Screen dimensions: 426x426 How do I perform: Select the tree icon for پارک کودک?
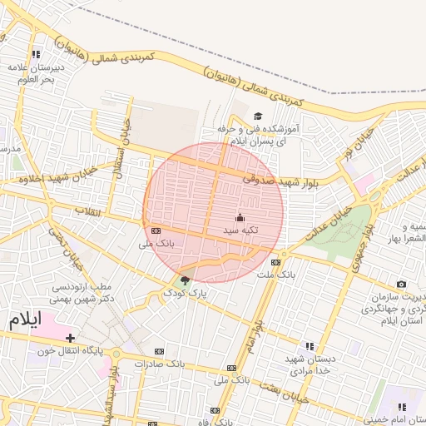185,280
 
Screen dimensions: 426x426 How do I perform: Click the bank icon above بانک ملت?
275,262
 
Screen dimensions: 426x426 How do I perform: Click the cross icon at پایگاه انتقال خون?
71,338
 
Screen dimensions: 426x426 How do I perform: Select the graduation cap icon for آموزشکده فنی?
258,116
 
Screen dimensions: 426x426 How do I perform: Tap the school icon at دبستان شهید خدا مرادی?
310,346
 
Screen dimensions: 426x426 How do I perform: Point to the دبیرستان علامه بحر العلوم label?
31,72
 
